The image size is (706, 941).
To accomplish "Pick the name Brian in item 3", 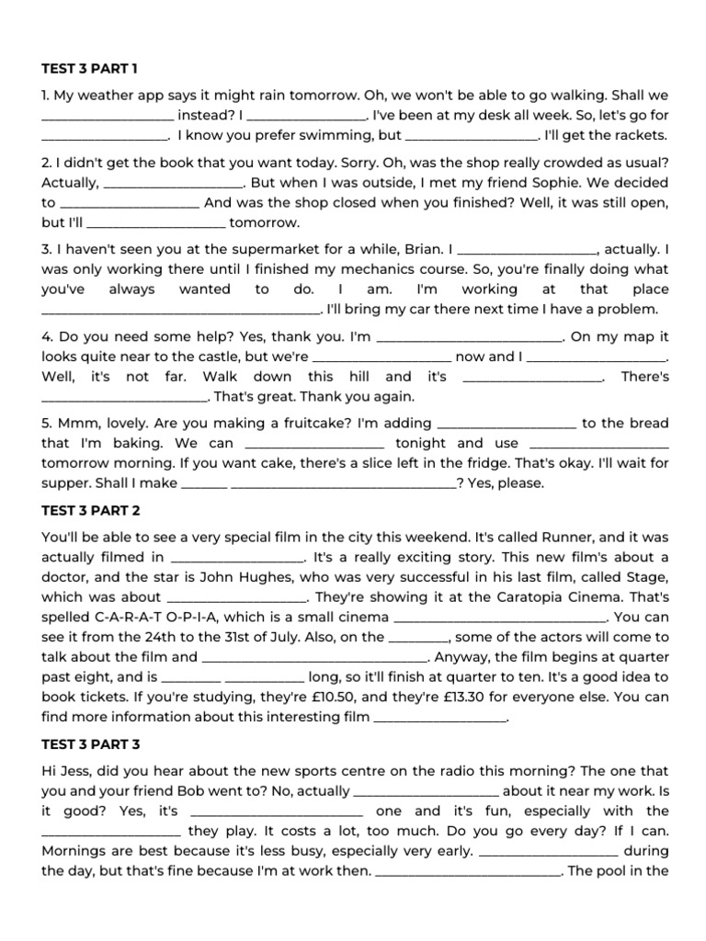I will click(x=413, y=248).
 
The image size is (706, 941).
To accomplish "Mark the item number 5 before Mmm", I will click(x=46, y=423).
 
